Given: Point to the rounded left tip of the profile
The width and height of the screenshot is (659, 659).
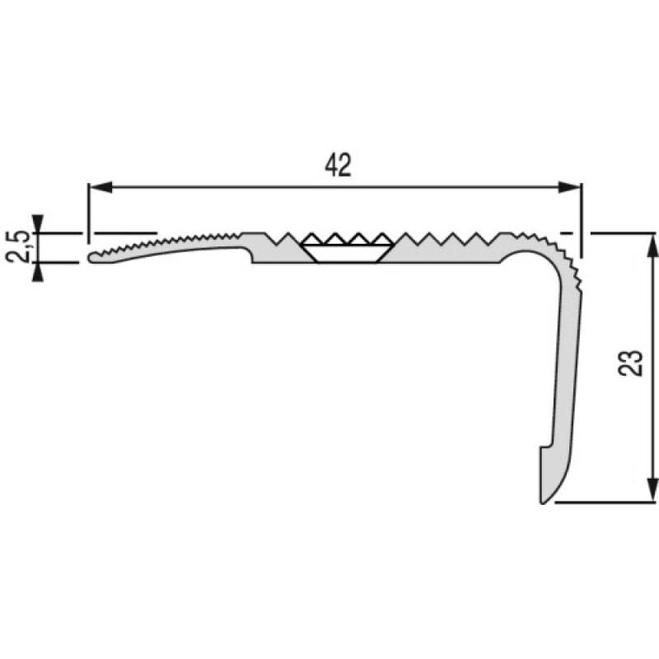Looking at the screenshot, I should [x=90, y=257].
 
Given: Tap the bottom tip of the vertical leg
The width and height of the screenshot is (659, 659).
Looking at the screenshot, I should [x=544, y=499].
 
